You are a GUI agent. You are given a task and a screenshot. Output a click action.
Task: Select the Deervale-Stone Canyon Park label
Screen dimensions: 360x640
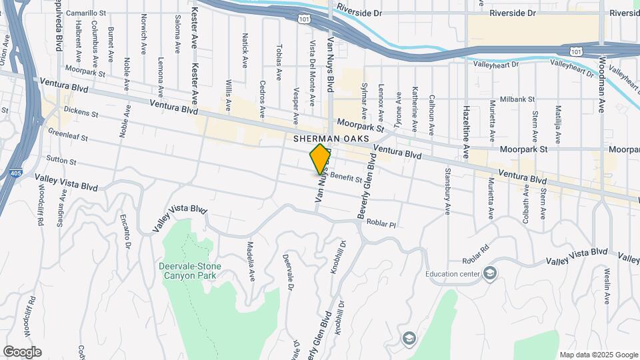189,270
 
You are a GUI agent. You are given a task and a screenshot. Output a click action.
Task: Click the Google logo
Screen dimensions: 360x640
22,352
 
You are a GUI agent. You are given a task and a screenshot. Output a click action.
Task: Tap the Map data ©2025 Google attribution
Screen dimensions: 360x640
598,355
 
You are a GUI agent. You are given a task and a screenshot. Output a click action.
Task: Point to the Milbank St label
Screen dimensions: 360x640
517,99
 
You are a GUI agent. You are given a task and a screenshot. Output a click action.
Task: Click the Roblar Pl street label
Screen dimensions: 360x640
381,225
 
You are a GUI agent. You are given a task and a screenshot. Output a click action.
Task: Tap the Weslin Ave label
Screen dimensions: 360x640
607,285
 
